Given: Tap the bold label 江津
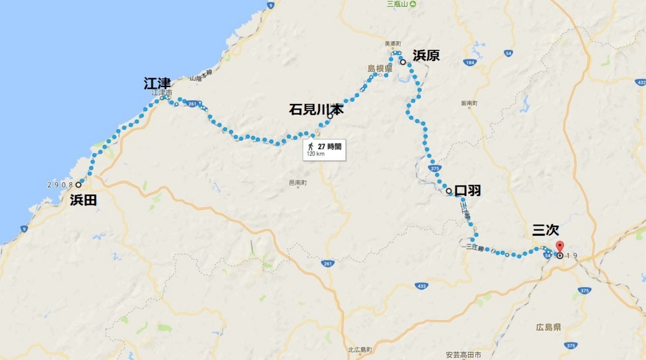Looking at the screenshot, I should [x=157, y=83].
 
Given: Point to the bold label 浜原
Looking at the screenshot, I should [x=426, y=55].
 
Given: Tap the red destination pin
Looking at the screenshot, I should [x=560, y=247].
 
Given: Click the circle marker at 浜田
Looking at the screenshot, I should [x=79, y=185].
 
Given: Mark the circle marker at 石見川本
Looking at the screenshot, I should [x=329, y=117].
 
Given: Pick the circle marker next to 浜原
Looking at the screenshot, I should [x=402, y=62].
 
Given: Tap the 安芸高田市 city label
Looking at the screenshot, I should [x=463, y=354].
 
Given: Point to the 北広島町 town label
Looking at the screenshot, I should [x=360, y=351].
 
